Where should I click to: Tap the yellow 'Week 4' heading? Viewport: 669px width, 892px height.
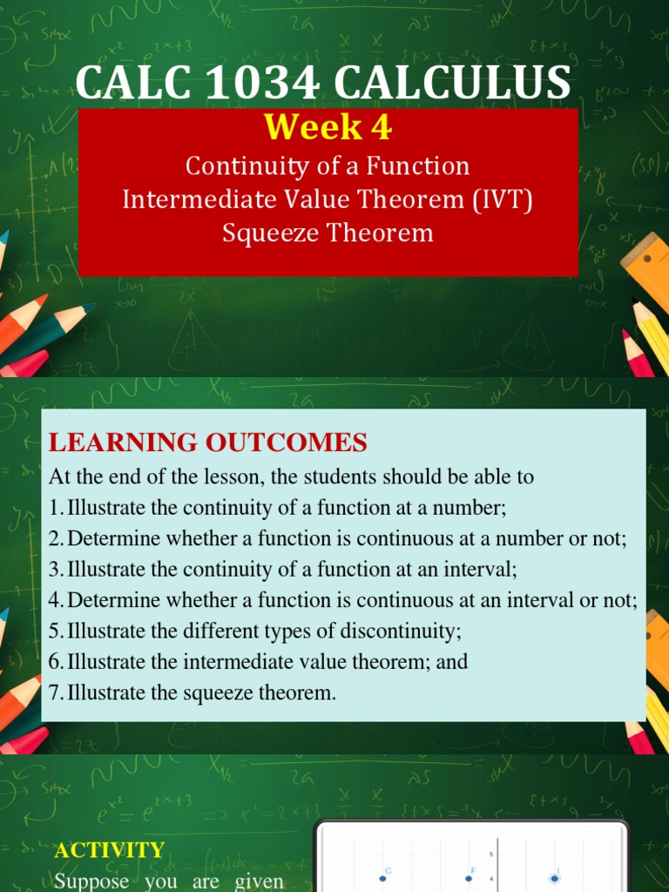click(328, 128)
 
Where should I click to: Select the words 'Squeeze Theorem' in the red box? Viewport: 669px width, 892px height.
click(328, 233)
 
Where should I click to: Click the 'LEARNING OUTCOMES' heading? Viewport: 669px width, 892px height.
click(208, 443)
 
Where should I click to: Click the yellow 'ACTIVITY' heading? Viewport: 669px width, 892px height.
click(109, 850)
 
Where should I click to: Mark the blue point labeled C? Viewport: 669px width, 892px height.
click(382, 878)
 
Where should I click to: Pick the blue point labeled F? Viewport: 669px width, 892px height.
click(469, 878)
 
